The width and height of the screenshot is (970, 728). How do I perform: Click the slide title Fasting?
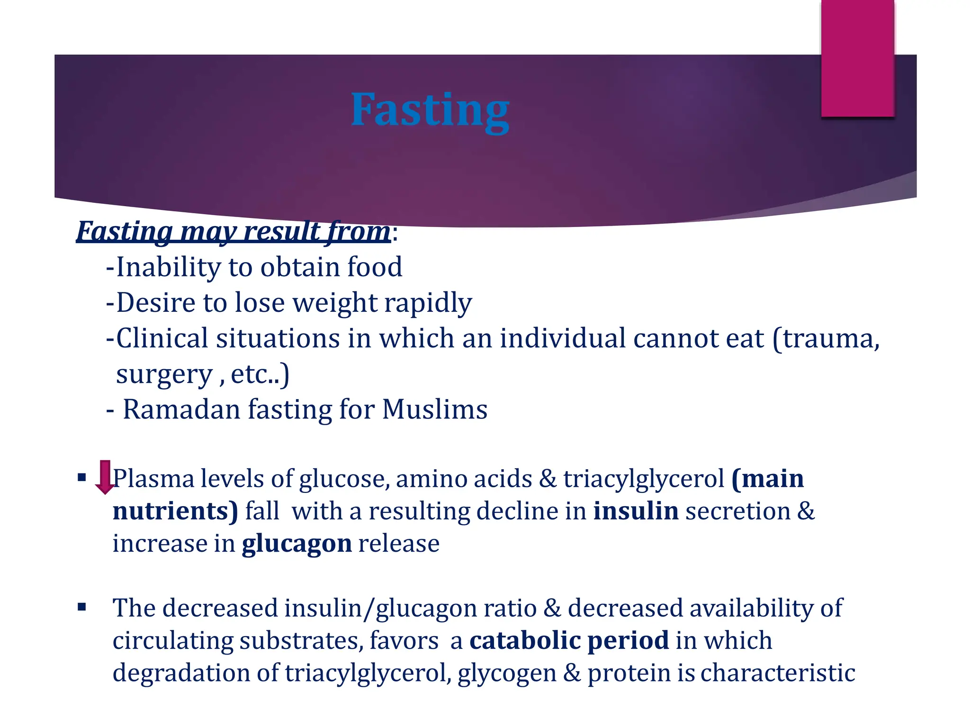point(430,110)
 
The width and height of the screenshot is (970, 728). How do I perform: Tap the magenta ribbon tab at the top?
point(857,58)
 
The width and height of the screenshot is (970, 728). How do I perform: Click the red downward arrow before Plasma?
point(105,477)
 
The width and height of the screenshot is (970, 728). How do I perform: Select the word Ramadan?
point(181,409)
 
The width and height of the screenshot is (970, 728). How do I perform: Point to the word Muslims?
point(434,409)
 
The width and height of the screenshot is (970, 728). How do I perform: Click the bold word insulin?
point(636,511)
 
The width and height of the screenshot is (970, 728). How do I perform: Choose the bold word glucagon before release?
point(296,544)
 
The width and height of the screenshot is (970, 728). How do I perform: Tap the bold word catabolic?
point(525,640)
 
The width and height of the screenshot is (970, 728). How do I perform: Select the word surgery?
point(164,374)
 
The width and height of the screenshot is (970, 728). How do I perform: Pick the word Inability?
point(169,267)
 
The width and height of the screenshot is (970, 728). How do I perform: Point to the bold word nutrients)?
point(175,511)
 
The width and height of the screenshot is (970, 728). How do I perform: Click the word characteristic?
point(778,673)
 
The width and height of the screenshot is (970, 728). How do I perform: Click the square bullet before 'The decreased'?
point(82,607)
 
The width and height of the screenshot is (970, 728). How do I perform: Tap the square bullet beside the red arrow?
point(82,477)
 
